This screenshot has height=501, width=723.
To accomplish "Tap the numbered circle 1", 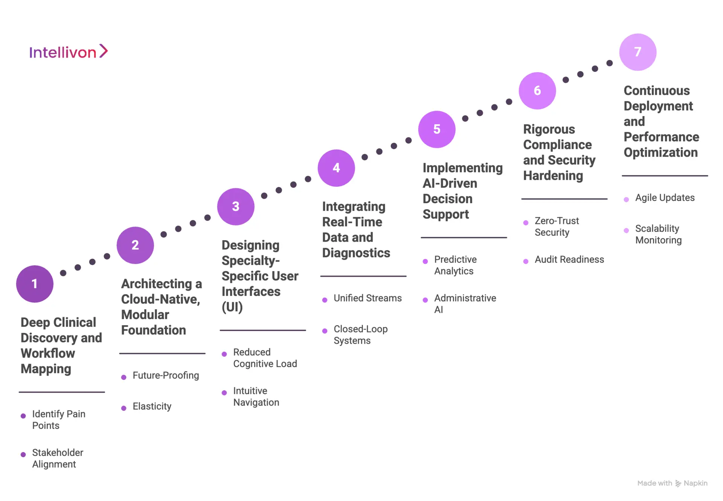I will [x=35, y=284].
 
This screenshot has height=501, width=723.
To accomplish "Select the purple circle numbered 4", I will [x=336, y=168].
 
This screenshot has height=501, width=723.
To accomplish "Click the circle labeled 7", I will [x=638, y=52].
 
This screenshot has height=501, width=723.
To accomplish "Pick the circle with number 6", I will [x=537, y=91].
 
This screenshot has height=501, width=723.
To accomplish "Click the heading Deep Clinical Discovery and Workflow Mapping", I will [x=61, y=346].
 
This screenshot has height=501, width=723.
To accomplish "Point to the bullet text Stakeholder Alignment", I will [x=57, y=458].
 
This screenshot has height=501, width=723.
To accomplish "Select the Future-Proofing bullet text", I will [x=166, y=375].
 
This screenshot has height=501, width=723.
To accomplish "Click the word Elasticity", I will [x=152, y=406].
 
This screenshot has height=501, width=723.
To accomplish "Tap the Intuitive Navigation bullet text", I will [x=256, y=396].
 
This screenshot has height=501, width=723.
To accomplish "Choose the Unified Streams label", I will [x=368, y=298].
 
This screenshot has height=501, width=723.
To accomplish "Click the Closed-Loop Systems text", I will [x=360, y=335].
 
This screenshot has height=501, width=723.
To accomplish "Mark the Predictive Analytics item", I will [x=455, y=265].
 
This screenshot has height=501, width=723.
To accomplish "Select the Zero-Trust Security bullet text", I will [x=557, y=226].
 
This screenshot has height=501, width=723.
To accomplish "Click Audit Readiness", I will [x=569, y=259].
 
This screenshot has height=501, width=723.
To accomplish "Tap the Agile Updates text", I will [x=665, y=198].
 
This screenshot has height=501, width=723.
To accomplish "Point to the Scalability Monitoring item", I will [x=658, y=234].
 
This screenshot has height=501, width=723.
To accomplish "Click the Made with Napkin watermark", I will [x=672, y=483].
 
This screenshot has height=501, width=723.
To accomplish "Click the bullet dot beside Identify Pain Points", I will [x=23, y=416].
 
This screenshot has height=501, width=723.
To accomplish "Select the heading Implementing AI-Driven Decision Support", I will [x=462, y=191].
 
